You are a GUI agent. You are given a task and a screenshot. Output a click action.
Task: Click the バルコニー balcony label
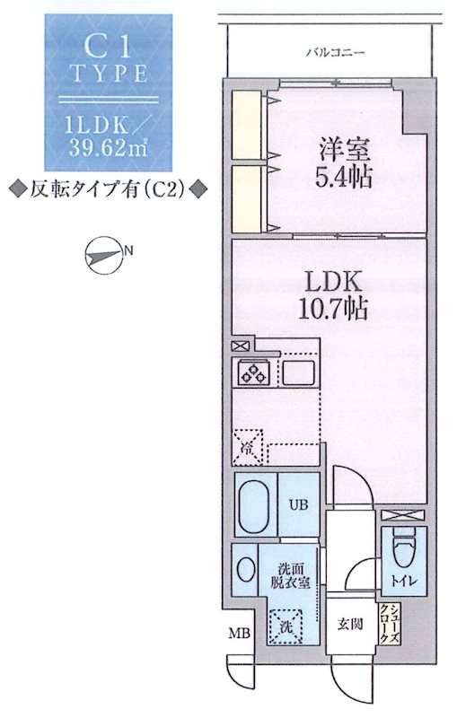[335, 54]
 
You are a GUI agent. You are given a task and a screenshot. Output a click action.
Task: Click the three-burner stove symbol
[252, 372]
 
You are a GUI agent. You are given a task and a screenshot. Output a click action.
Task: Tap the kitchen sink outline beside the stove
[296, 372]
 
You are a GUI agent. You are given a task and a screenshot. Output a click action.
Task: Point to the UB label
[297, 503]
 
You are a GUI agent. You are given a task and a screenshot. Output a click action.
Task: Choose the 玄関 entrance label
[350, 626]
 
